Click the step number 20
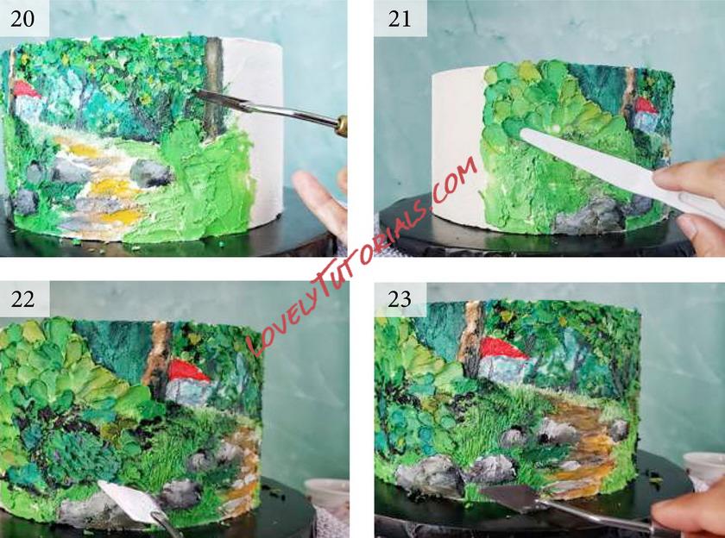(x=22, y=18)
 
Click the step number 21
(x=400, y=18)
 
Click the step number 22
(x=22, y=299)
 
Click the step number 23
(x=400, y=299)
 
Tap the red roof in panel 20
(x=25, y=89)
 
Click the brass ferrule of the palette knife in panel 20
(x=341, y=126)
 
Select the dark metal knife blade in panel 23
(x=508, y=497)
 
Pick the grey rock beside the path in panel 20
(x=150, y=172)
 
